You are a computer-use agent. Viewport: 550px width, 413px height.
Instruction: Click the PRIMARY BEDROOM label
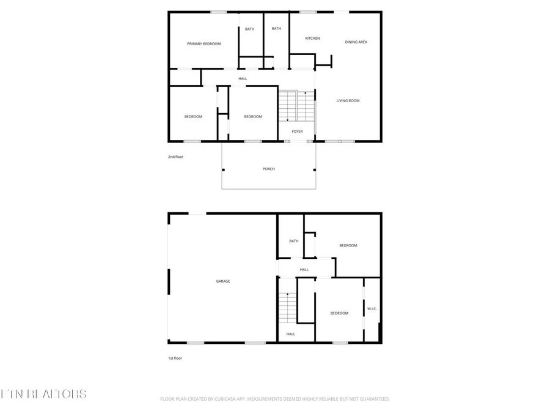click(204, 44)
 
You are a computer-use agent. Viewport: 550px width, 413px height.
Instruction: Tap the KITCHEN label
click(312, 39)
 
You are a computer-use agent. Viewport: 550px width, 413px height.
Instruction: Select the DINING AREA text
click(356, 42)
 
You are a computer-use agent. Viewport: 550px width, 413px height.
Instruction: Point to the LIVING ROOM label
click(348, 100)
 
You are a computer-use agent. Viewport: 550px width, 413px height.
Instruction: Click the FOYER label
click(297, 132)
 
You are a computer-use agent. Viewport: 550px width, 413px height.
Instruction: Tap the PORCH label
click(268, 169)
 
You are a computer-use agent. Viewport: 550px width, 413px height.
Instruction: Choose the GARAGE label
click(222, 281)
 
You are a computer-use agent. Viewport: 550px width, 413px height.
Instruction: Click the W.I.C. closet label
click(372, 309)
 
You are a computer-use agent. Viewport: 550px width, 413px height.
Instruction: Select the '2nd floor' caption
click(175, 157)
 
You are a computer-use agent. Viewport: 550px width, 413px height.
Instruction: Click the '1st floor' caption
click(175, 358)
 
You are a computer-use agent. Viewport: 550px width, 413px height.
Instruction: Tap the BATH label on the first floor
click(294, 241)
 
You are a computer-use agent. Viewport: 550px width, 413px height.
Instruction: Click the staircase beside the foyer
click(296, 106)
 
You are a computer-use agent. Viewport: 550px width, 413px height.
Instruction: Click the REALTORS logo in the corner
click(44, 393)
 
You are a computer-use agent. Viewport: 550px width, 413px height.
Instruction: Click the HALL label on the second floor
click(243, 79)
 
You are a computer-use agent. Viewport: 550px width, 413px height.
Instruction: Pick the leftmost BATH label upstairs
click(249, 29)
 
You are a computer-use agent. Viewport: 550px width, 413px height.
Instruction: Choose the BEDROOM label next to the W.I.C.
click(339, 313)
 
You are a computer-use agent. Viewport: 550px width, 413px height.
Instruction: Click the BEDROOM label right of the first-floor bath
click(348, 245)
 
